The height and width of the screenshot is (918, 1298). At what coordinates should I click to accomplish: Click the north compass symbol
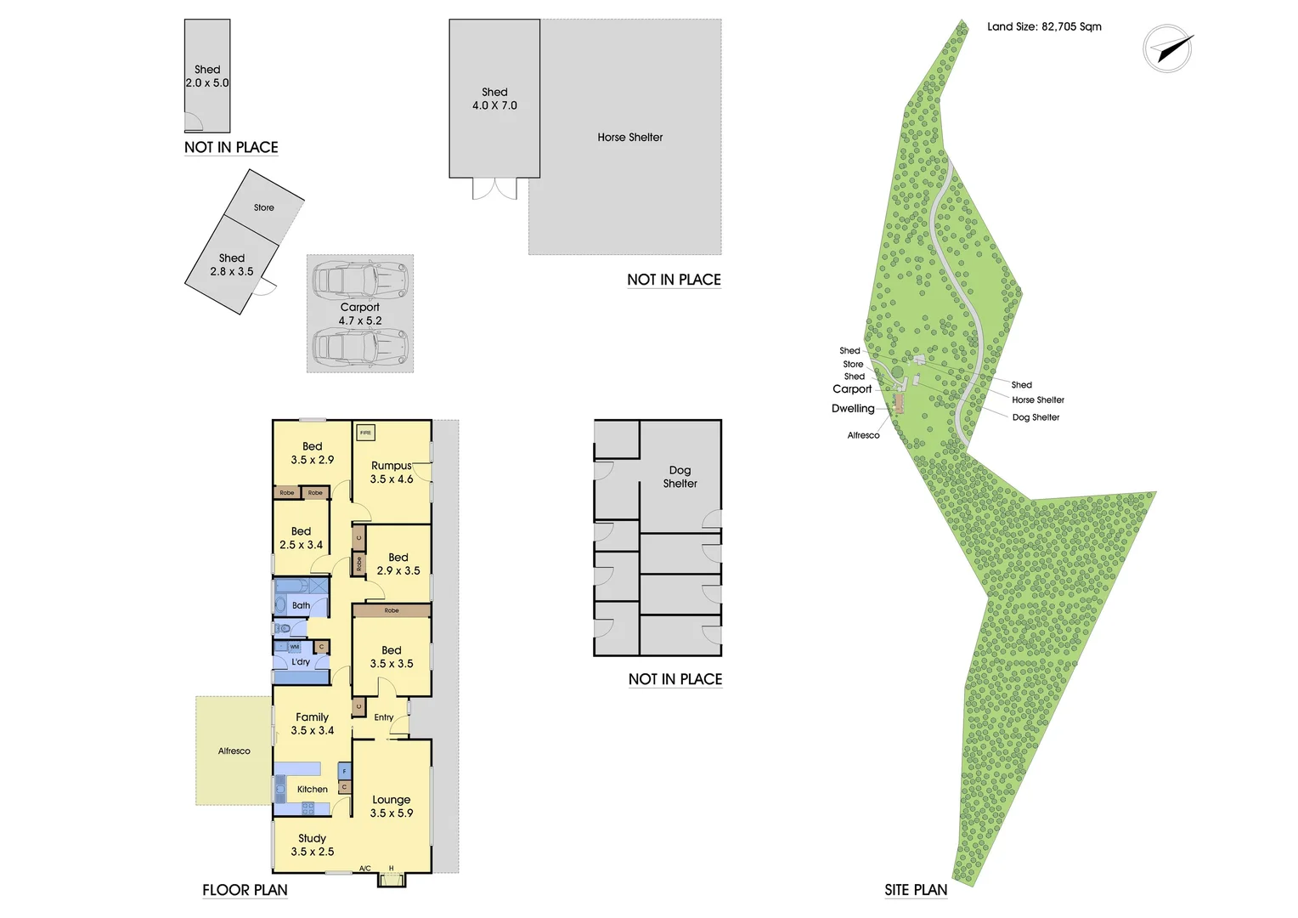[1168, 48]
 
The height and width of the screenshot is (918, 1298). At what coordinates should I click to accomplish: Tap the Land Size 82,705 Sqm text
[1044, 26]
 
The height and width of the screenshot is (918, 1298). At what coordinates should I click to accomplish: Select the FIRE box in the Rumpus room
[365, 433]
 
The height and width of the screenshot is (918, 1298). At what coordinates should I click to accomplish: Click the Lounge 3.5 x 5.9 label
[392, 806]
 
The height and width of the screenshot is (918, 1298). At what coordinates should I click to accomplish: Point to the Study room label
[313, 844]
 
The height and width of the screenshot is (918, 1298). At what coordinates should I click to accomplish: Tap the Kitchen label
[312, 789]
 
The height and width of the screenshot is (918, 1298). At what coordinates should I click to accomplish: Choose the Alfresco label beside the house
[234, 751]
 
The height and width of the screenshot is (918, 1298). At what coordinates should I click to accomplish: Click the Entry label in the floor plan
[384, 717]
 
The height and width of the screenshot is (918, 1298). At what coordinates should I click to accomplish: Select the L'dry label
[301, 661]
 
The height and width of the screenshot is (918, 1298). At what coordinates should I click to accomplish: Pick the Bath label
[301, 605]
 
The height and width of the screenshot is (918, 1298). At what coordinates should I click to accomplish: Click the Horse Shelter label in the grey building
[629, 137]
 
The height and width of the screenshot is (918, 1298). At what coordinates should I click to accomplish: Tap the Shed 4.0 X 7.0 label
[494, 99]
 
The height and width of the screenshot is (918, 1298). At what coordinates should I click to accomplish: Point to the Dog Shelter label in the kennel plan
[680, 476]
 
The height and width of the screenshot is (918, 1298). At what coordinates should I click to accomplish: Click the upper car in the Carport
[360, 280]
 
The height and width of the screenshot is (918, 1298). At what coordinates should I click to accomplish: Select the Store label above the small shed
[263, 207]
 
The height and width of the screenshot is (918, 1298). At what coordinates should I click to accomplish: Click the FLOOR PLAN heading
[245, 890]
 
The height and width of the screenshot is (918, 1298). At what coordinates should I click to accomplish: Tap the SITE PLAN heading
[916, 890]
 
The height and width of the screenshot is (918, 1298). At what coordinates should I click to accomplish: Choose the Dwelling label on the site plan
[853, 408]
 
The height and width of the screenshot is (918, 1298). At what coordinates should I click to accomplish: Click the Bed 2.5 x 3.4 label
[302, 538]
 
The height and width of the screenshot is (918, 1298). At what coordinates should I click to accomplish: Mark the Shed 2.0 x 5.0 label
[207, 76]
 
